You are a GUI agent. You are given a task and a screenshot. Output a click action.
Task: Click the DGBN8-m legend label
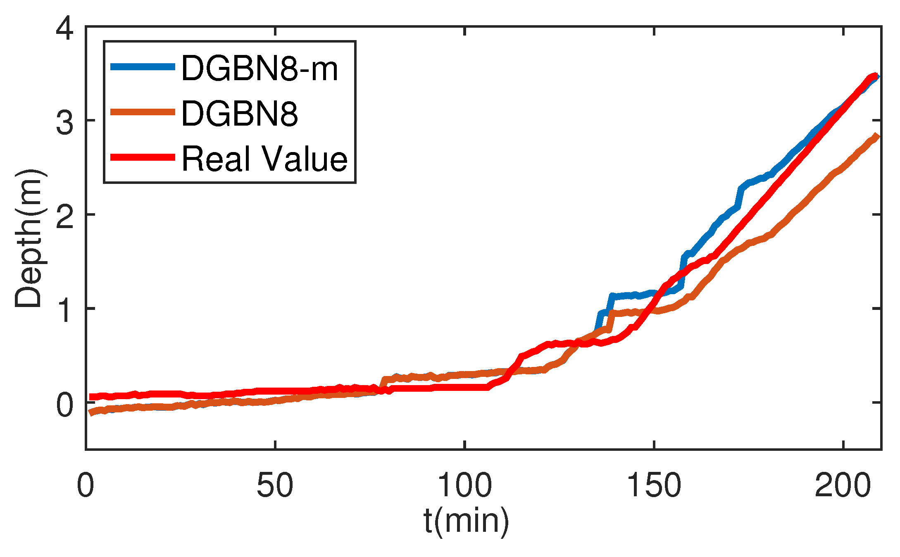pos(260,68)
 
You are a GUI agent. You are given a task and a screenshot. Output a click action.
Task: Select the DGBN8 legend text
pos(240,114)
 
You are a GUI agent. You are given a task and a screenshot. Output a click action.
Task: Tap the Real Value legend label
pos(264,159)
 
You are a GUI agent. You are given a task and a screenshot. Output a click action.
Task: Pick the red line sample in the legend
pos(143,157)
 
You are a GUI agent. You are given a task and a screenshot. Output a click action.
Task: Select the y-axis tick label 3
pos(65,122)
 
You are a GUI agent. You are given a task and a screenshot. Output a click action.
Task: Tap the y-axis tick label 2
pos(65,217)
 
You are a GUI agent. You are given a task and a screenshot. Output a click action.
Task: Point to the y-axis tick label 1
pos(65,311)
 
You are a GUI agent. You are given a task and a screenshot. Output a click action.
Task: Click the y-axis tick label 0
pos(65,405)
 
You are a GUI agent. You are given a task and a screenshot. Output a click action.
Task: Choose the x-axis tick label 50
pos(275,485)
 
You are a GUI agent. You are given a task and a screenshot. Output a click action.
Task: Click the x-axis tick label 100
pos(464,485)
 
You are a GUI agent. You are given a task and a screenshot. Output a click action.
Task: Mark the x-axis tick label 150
pos(654,485)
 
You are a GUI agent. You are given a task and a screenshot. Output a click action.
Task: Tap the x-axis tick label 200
pos(843,485)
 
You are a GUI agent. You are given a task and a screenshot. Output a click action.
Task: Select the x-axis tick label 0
pos(86,485)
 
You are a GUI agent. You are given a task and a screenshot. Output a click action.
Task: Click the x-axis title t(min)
pos(466,521)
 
